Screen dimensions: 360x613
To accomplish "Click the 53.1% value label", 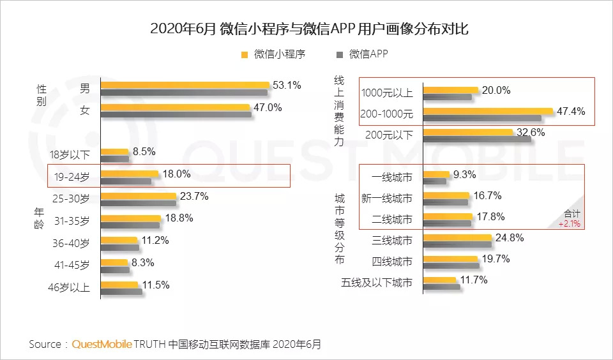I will click(x=287, y=85).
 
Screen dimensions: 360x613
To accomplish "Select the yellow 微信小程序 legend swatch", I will click(x=245, y=55).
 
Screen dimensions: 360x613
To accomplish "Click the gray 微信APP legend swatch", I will click(x=338, y=55).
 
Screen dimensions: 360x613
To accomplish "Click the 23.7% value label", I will click(x=194, y=196).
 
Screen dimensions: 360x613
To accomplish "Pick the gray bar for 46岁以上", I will click(x=121, y=292).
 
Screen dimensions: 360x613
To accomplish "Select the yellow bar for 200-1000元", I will click(x=488, y=112).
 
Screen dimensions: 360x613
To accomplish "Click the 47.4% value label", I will click(x=572, y=112).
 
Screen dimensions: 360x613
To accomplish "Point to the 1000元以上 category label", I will click(x=387, y=93).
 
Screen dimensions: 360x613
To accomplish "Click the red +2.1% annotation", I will click(x=570, y=224).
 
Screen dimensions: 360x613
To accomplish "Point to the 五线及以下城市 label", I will click(x=378, y=283).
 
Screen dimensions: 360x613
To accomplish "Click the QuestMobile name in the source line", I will click(x=102, y=344).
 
